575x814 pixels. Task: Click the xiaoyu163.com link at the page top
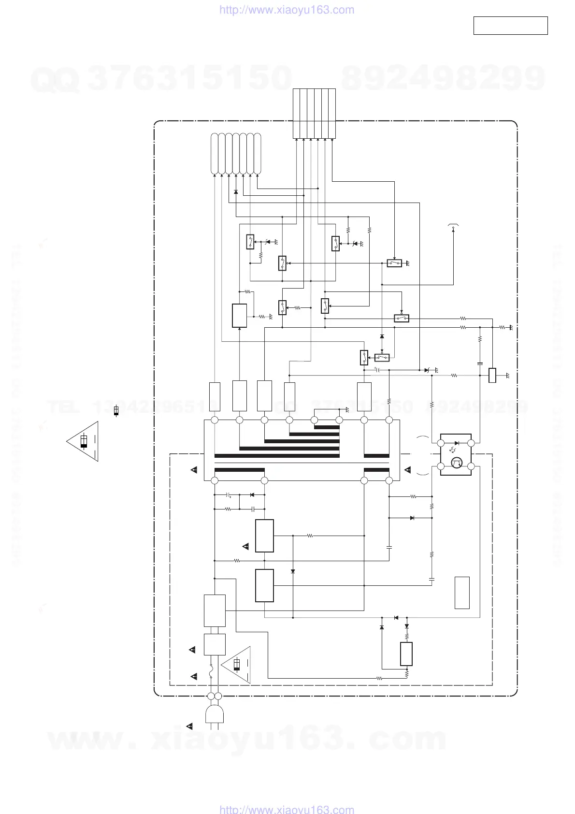click(287, 10)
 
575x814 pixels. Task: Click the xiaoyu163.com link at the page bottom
click(287, 809)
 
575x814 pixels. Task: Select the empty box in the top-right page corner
click(510, 26)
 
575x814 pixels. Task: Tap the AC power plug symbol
click(214, 714)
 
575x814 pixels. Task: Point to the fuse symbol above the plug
click(211, 672)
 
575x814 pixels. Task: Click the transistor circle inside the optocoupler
click(456, 464)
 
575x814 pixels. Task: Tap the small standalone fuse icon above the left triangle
click(116, 411)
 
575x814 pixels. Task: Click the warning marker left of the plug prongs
click(190, 726)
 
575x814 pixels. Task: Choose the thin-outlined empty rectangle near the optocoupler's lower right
click(462, 593)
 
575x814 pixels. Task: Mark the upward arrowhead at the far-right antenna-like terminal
click(453, 230)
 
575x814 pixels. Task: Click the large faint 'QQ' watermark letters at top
click(55, 80)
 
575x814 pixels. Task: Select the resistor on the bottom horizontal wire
click(379, 678)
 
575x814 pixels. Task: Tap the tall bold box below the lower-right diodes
click(406, 654)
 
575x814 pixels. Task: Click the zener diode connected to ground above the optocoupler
click(427, 370)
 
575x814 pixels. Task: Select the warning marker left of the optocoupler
click(407, 470)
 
